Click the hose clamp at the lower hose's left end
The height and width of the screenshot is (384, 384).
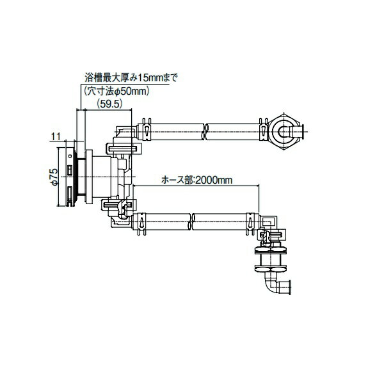[141, 223]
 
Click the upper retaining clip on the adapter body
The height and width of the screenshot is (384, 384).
[123, 146]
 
